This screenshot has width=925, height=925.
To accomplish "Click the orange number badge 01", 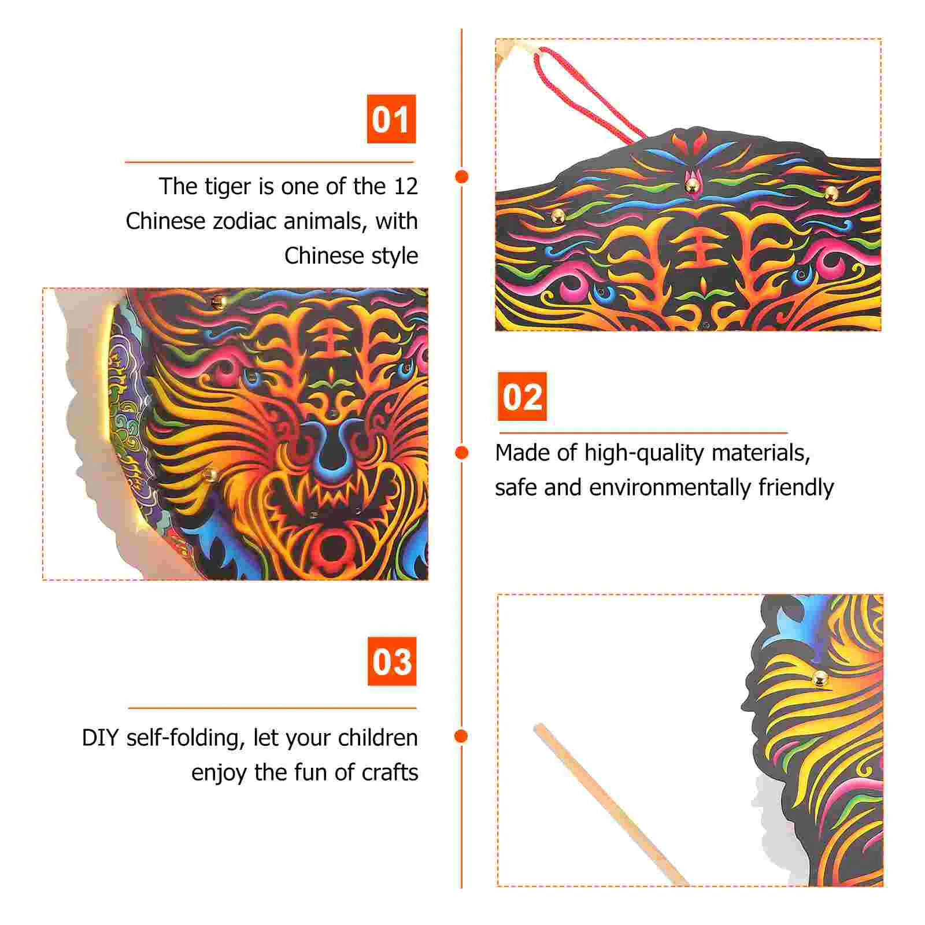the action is pos(391,119).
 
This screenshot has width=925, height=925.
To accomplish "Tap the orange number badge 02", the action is pos(522,397).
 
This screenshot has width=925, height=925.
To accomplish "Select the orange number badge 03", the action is pos(392,661).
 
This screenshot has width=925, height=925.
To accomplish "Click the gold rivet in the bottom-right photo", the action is pos(820,679).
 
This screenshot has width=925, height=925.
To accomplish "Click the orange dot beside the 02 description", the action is pos(461,453).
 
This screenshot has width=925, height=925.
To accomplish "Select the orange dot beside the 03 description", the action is pos(461,736).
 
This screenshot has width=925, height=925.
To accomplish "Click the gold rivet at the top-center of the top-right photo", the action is pos(691,186).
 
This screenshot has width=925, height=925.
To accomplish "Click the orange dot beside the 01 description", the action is pos(461,177).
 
